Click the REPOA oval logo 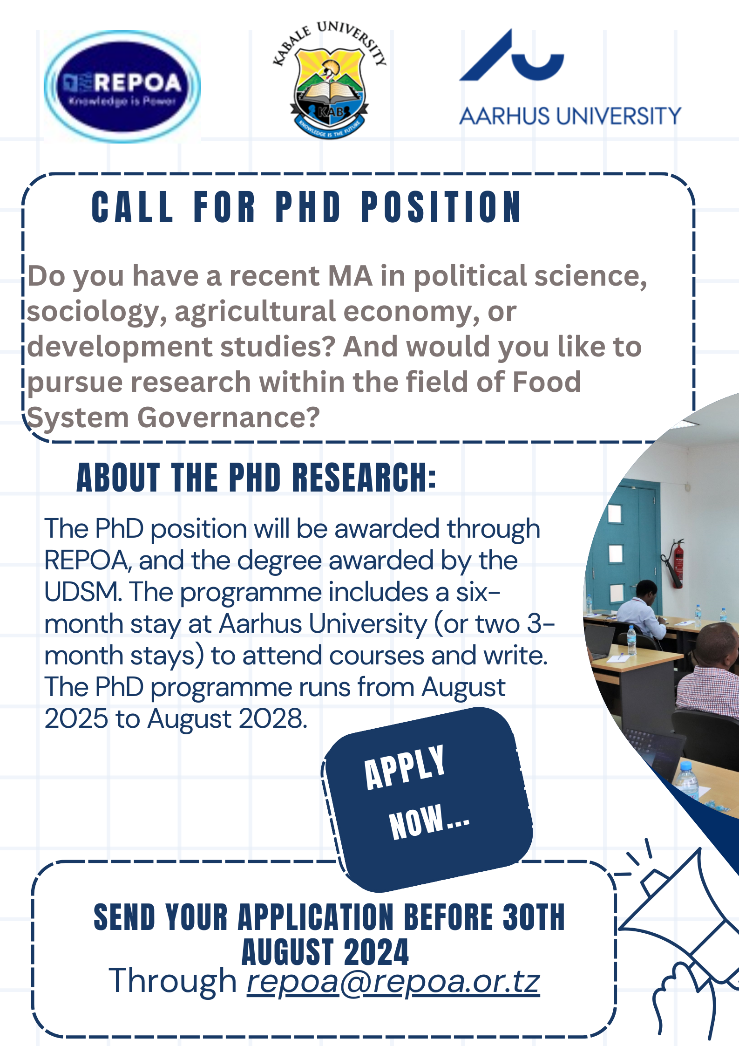pos(122,87)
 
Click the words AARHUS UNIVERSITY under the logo pos(570,116)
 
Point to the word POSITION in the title pos(441,207)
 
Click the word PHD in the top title pos(308,207)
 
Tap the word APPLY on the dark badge pos(405,767)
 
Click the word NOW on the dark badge pos(416,822)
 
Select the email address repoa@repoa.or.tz pos(393,981)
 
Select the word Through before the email pos(173,981)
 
